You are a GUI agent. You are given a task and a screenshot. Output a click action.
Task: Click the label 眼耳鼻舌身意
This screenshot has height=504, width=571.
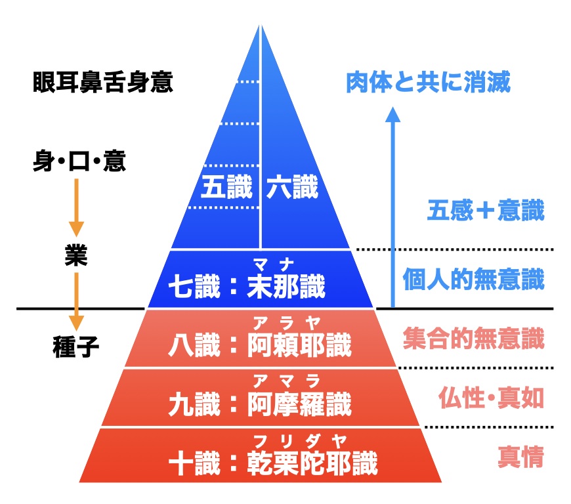click(x=102, y=83)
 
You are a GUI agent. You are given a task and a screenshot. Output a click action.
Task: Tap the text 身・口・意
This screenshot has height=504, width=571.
click(x=79, y=161)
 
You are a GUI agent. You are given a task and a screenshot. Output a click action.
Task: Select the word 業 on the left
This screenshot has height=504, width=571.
click(x=77, y=256)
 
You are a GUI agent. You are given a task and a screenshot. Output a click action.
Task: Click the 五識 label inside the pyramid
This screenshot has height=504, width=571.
click(x=226, y=188)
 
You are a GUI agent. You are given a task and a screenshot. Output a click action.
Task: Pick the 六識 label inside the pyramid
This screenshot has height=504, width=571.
click(x=293, y=188)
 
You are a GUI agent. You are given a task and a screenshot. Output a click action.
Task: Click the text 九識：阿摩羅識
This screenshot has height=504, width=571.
click(x=259, y=403)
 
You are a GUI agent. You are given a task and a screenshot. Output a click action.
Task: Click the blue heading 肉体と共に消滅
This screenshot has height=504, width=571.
click(x=428, y=82)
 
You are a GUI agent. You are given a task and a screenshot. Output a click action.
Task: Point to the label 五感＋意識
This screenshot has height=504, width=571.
click(x=486, y=211)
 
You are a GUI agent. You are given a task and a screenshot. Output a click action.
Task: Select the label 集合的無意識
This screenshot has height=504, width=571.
click(x=473, y=339)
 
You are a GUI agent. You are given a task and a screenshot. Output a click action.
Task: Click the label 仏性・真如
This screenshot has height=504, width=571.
click(x=491, y=398)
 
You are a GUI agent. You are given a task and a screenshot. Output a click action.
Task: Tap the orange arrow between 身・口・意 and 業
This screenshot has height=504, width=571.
click(x=77, y=206)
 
